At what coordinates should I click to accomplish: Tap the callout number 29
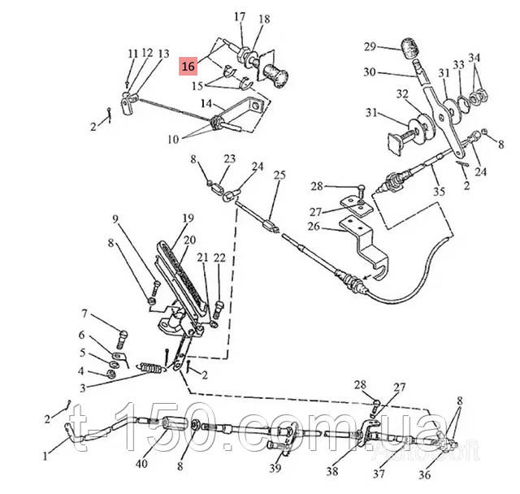coord(370,46)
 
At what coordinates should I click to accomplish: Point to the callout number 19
coord(188,218)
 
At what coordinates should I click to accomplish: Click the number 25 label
coord(279,175)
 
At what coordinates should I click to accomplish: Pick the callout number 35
coord(440,193)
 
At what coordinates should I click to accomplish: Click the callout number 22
coord(219,258)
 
